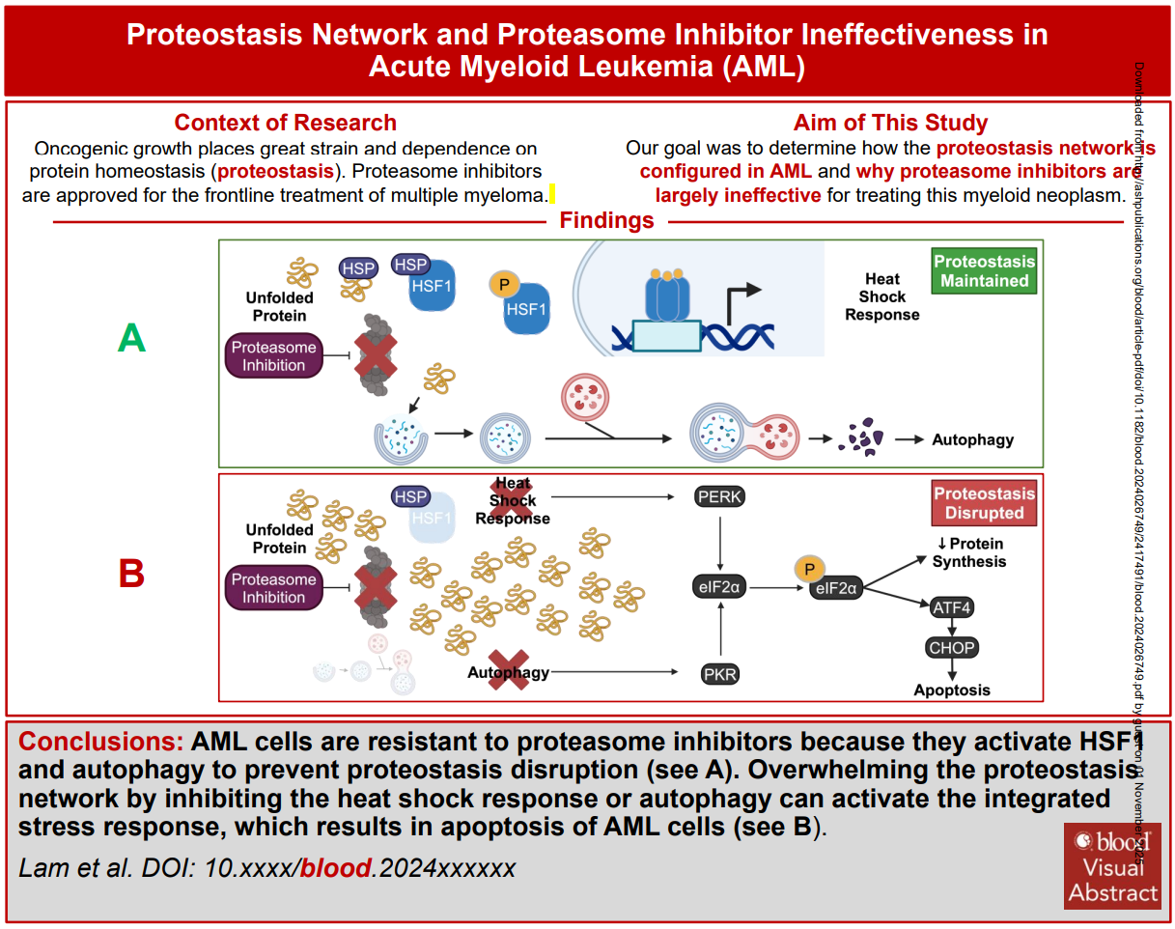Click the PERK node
720,497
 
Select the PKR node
720,674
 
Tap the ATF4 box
952,608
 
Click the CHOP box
952,648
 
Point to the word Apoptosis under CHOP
952,690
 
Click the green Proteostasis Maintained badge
984,271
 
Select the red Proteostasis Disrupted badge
984,503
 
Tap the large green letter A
131,339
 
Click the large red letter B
131,574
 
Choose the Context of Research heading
285,123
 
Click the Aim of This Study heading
890,123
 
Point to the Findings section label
607,221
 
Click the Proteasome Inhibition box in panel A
273,356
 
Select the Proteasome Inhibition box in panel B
273,588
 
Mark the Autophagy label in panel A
972,439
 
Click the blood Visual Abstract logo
1112,865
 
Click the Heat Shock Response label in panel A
881,296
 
